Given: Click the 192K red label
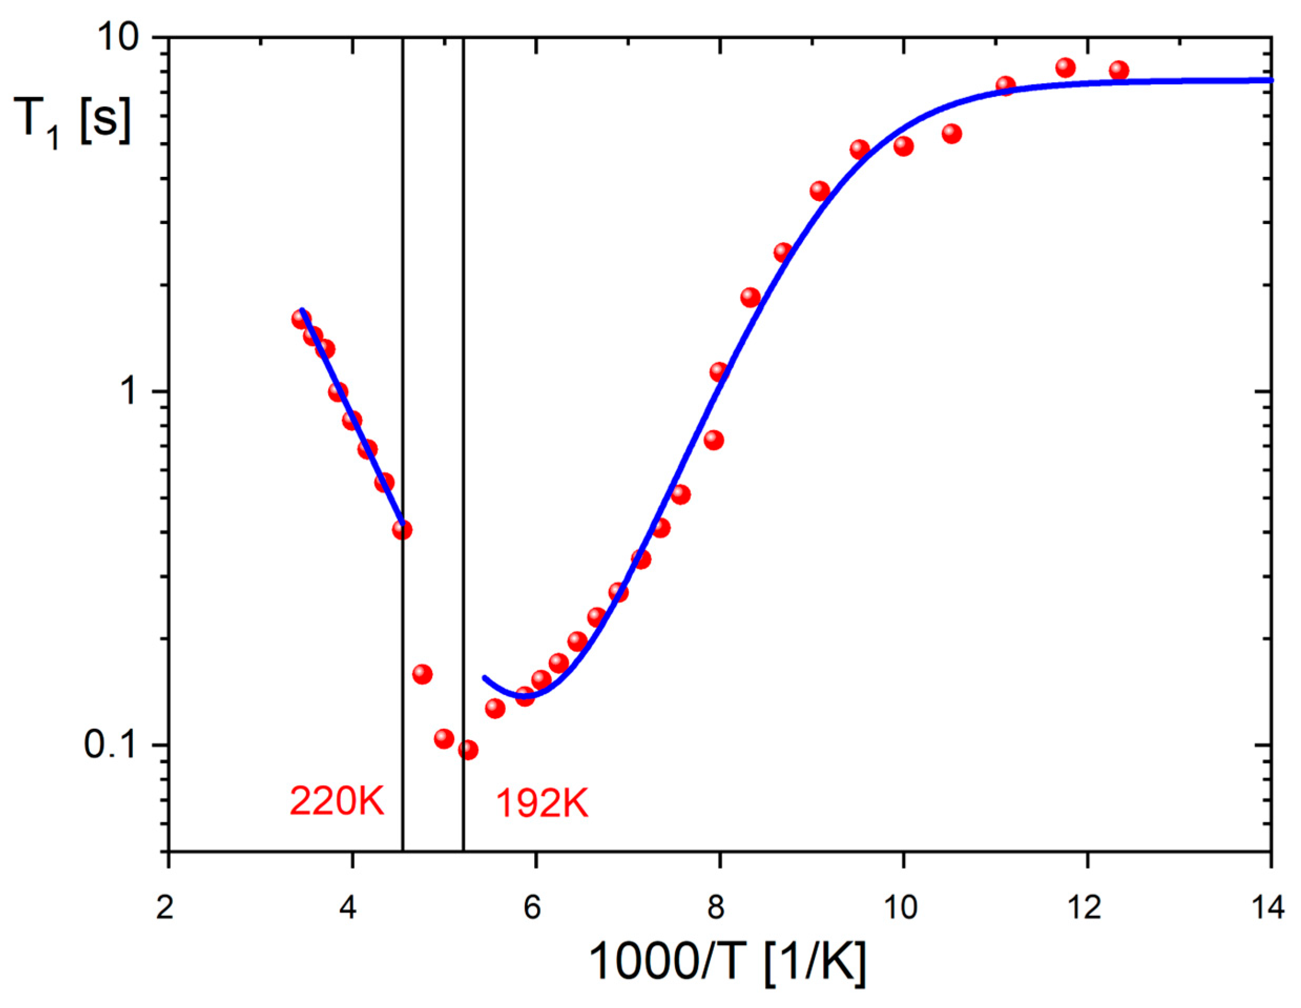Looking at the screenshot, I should pos(542,803).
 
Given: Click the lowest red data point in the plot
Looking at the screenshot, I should pos(468,750).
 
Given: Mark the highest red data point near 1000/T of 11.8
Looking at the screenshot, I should pos(1066,68).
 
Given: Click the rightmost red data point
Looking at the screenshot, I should pos(1119,70).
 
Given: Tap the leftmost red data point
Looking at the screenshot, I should pos(301,319).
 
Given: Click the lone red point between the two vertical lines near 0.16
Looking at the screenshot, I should pos(422,674).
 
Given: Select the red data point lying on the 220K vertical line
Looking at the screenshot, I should pos(402,529).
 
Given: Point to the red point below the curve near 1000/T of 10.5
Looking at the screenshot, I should pos(952,133).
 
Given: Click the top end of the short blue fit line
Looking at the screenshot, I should pos(302,310).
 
